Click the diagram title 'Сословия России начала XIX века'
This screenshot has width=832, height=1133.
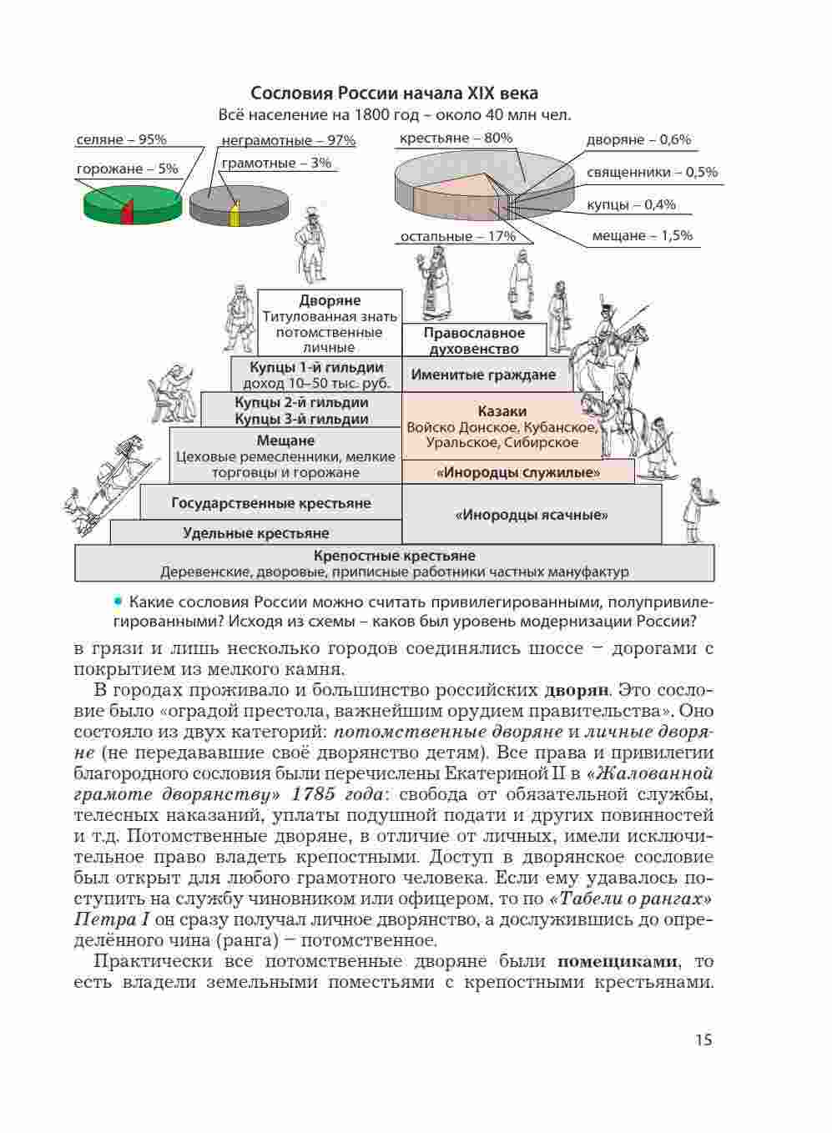coord(394,93)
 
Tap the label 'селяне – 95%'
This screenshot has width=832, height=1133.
coord(121,139)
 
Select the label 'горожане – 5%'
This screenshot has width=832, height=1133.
coord(127,169)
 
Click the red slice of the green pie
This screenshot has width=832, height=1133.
coord(127,210)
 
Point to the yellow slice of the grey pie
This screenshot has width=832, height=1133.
coord(234,214)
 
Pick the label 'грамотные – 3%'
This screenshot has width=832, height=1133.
coord(275,163)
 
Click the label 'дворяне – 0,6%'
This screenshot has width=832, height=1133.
coord(638,139)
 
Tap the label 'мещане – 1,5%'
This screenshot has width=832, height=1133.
coord(642,235)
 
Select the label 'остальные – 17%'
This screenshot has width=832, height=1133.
coord(457,236)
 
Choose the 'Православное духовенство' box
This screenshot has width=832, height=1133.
coord(474,340)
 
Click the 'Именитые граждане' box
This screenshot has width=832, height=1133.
coord(483,375)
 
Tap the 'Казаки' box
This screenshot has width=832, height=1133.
coord(502,426)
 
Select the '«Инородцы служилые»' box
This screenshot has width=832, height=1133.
coord(518,472)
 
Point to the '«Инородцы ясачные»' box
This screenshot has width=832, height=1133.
coord(532,515)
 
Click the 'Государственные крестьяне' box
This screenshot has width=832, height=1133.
coord(270,503)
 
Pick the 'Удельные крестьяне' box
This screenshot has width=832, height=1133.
coord(255,532)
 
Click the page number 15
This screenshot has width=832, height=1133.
coord(703,1040)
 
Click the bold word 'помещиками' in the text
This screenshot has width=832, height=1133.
coord(617,961)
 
